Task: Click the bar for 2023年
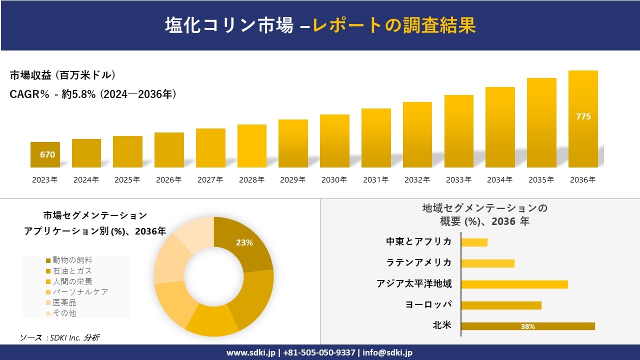45,154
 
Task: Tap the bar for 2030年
334,141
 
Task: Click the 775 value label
583,116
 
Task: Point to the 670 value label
47,154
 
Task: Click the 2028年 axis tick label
251,180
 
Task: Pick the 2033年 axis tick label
458,180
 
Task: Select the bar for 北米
527,326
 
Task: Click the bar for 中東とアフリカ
474,242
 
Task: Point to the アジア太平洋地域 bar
514,284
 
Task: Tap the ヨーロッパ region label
428,304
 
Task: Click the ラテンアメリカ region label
419,262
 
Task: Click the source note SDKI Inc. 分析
60,338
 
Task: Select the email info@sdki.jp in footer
387,352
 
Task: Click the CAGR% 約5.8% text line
93,94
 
